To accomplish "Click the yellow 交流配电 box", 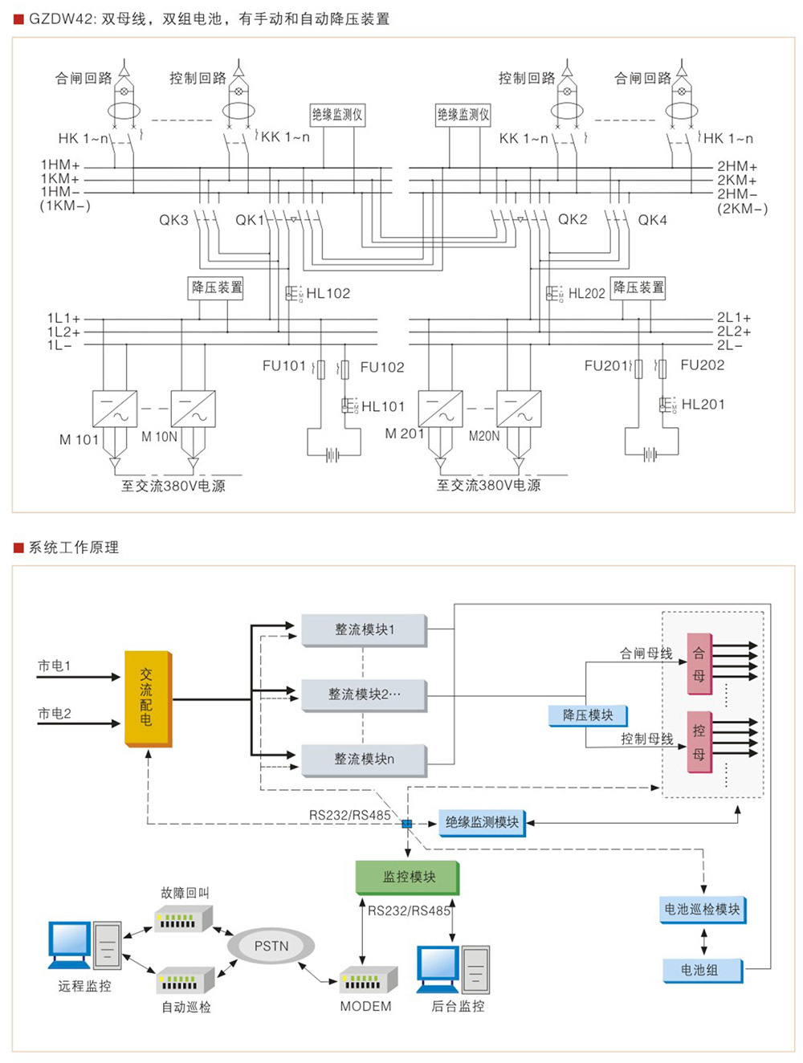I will point(148,698).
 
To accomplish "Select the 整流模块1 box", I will point(364,629).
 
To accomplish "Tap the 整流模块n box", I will point(364,759).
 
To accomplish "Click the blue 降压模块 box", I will point(588,715).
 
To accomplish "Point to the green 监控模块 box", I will point(408,877).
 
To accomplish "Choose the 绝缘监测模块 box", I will point(482,822).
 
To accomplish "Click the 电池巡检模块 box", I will point(703,910).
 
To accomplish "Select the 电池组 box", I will point(701,970).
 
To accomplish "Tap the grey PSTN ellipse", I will point(271,946).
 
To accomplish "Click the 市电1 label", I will point(55,666).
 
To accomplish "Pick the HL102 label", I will point(328,294).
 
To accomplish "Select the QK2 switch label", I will point(573,219).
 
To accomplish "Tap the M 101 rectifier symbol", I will point(114,409).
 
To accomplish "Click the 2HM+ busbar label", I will point(737,166).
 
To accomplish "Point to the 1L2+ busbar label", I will point(63,332).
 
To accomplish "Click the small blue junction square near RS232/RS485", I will point(407,824).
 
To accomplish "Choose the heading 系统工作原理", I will point(74,548).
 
